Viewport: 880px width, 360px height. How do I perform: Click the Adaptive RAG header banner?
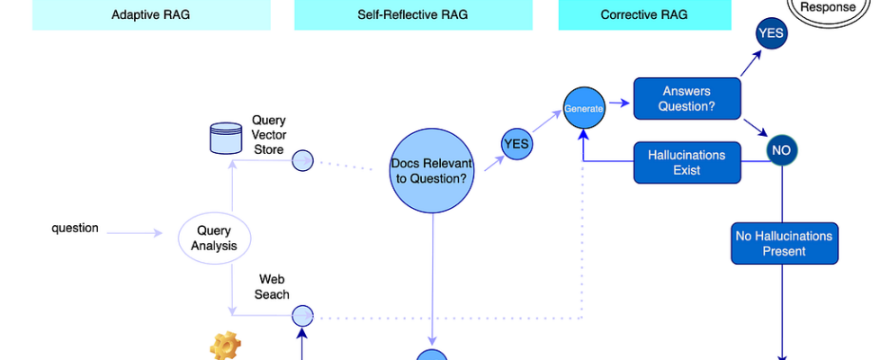[151, 14]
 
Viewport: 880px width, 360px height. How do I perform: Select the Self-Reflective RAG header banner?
[413, 14]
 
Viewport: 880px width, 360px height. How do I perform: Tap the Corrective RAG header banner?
[644, 14]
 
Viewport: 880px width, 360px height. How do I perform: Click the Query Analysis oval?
[214, 238]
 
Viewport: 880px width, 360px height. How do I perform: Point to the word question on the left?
[75, 229]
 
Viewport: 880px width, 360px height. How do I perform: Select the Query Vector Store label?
[268, 135]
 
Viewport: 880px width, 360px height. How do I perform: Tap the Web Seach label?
[274, 286]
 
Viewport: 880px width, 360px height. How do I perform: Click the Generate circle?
[583, 108]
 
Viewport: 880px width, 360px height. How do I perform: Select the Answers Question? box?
[687, 99]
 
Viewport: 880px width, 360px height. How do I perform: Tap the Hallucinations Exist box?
[687, 163]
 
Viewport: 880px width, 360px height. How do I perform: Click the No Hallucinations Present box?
[784, 243]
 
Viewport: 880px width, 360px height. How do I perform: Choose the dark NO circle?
[781, 150]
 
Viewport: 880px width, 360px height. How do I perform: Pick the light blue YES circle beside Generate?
[516, 144]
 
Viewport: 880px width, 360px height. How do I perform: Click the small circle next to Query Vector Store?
[302, 160]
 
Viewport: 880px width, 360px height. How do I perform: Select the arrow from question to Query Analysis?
[135, 234]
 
